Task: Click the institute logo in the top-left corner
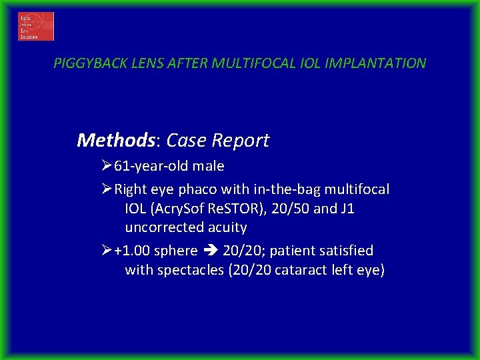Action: [x=36, y=27]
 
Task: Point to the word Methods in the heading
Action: [x=115, y=140]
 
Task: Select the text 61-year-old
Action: [x=149, y=166]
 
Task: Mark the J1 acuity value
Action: [x=347, y=209]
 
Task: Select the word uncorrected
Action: [x=165, y=227]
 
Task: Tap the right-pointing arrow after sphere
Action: [x=212, y=251]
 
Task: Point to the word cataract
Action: [x=301, y=270]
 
